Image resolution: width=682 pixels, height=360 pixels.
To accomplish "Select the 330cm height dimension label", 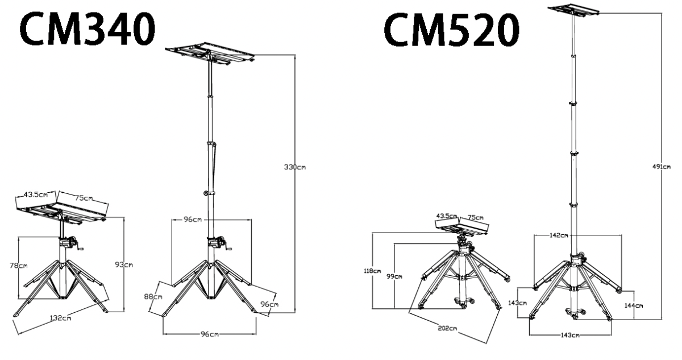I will coord(295,167).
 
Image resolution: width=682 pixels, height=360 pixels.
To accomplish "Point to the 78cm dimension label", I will coord(19,266).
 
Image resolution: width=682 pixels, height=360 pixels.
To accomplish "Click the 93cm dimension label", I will coord(123,264).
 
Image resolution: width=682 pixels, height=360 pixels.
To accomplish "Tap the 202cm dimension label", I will coord(447,328).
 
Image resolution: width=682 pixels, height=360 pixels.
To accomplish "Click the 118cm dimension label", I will coord(372,271).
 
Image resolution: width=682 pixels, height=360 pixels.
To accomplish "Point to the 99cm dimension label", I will coord(394,276).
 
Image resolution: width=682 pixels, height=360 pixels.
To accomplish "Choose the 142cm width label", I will coord(560,234).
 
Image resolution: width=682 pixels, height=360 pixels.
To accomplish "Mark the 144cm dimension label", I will coord(634,305).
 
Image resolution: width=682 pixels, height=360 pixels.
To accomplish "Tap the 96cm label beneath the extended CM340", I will coord(209,334).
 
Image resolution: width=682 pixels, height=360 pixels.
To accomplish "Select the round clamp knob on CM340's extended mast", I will coord(205,194).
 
